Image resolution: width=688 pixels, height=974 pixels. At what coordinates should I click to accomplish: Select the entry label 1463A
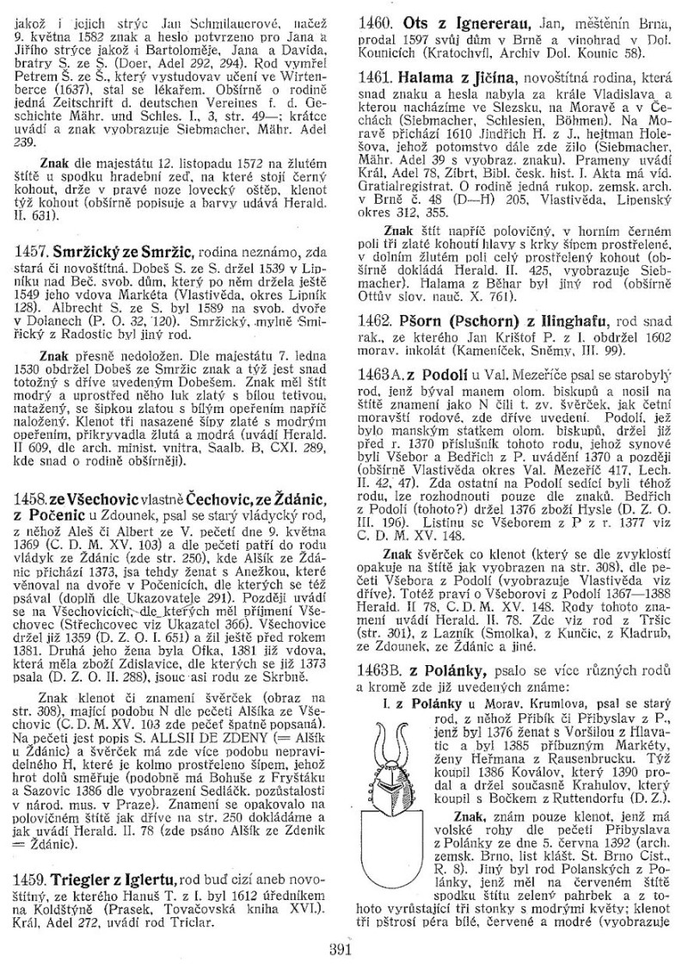click(382, 377)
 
